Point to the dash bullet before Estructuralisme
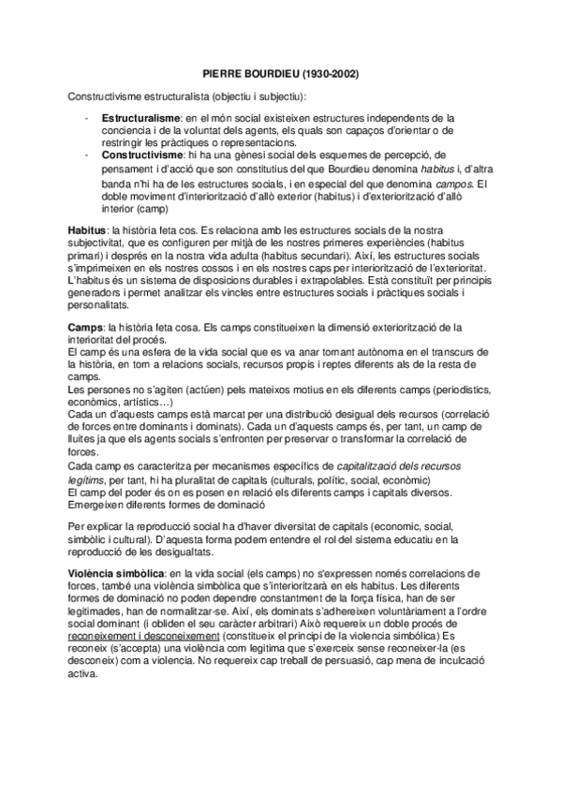(86, 118)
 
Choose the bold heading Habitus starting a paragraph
(86, 229)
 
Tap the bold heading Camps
(85, 327)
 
